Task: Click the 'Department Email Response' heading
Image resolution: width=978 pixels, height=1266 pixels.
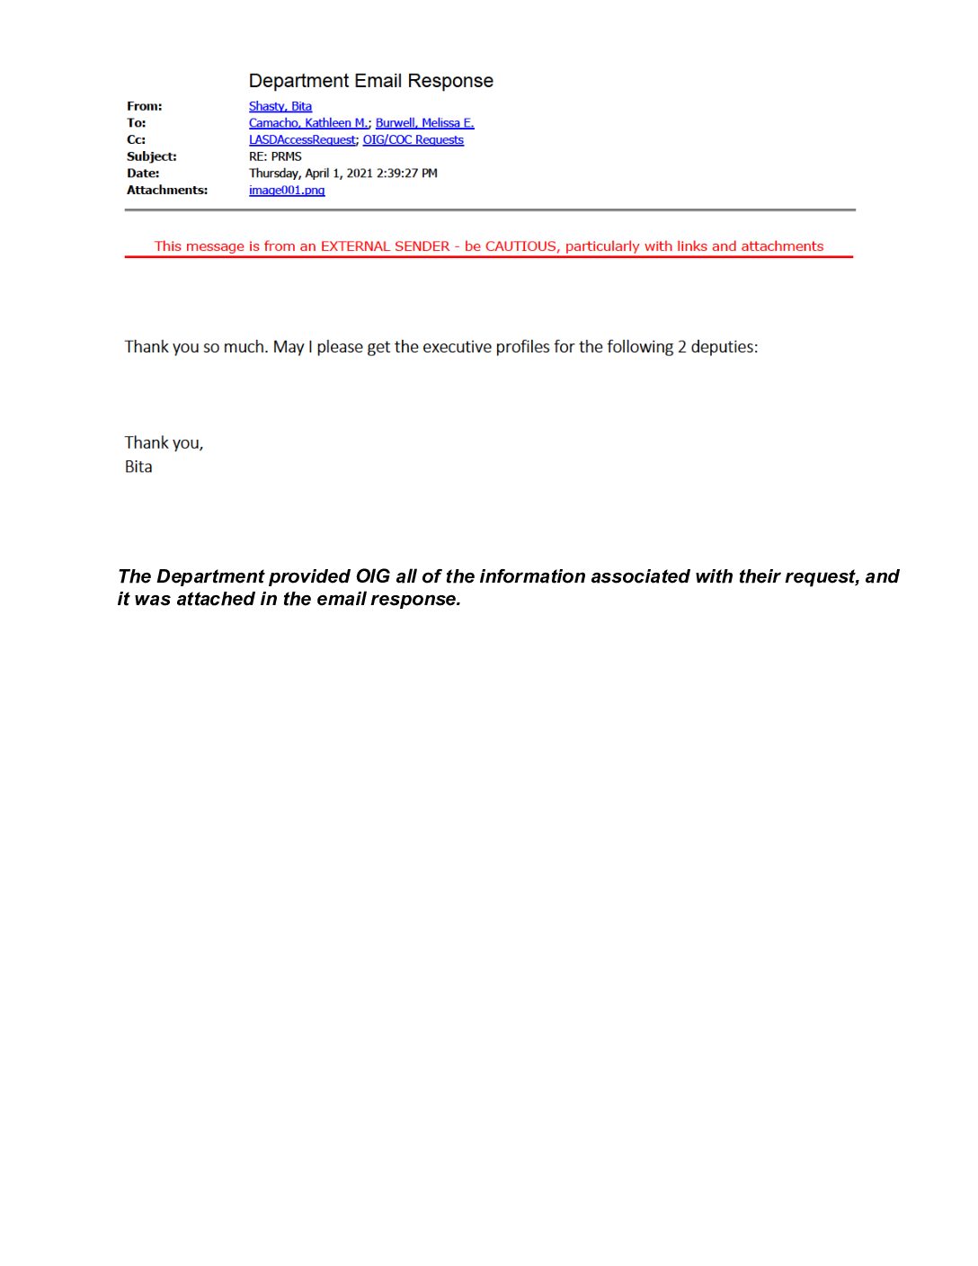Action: tap(370, 81)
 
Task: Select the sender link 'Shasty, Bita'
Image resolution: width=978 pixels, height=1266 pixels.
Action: tap(280, 106)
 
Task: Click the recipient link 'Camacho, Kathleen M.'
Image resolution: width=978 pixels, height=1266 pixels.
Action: tap(308, 123)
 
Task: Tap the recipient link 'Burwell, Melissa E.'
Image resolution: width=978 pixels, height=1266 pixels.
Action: tap(424, 123)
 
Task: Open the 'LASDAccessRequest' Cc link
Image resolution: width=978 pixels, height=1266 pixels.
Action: tap(302, 139)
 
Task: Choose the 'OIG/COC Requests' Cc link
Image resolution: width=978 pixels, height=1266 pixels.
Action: tap(413, 139)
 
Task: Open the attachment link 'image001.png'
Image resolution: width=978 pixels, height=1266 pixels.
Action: tap(287, 190)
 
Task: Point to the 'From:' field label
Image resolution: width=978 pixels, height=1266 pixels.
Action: tap(145, 106)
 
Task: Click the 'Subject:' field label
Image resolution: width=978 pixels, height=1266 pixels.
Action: tap(152, 156)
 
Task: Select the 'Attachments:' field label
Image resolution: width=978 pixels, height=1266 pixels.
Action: tap(167, 190)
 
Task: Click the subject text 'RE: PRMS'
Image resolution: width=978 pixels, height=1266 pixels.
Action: tap(275, 156)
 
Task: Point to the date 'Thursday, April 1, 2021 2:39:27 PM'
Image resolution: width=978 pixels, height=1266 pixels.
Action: tap(343, 173)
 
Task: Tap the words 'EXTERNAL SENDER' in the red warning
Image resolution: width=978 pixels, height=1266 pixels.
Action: tap(385, 246)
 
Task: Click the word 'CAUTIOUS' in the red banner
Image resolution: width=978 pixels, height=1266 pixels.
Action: tap(520, 246)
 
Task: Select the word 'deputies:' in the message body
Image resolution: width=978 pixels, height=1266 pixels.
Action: tap(725, 347)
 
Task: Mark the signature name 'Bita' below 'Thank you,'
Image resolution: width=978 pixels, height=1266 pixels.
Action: tap(138, 467)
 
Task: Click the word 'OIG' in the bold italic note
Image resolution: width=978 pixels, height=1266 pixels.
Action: tap(372, 576)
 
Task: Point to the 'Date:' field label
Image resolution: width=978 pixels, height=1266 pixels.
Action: tap(143, 173)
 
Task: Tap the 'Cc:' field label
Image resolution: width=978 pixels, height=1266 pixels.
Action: tap(136, 139)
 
